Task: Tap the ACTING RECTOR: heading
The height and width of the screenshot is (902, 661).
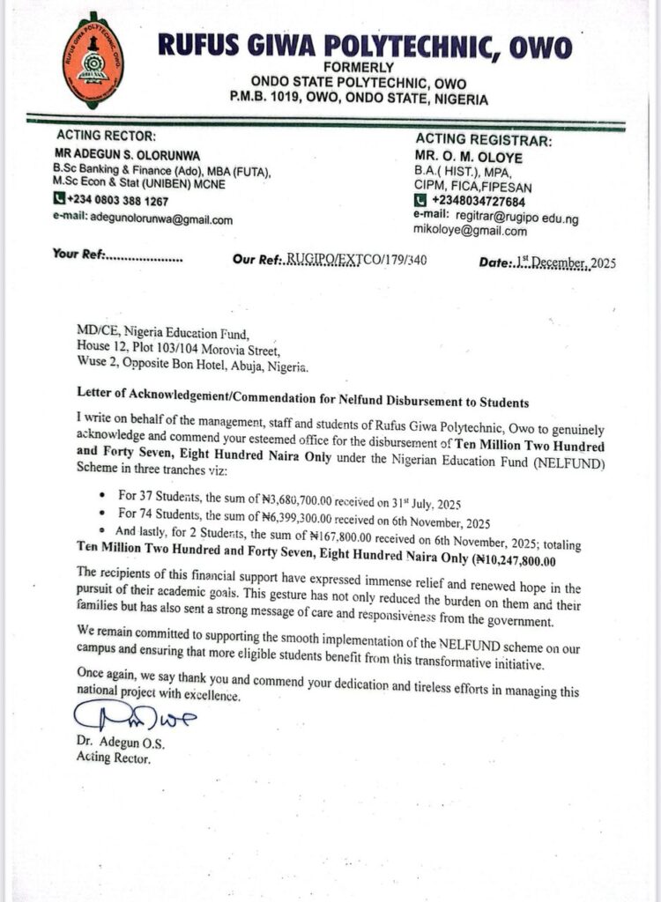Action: point(106,136)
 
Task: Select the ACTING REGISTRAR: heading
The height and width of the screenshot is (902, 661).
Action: point(484,141)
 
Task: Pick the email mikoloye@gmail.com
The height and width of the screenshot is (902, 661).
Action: point(470,231)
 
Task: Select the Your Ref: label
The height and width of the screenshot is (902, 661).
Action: point(79,255)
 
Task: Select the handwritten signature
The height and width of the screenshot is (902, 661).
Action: point(139,719)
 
